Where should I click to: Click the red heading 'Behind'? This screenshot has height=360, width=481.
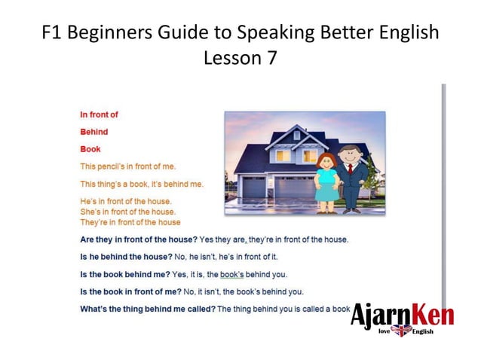click(94, 132)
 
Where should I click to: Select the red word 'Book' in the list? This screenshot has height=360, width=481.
click(90, 149)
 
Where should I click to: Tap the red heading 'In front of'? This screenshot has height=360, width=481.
click(100, 114)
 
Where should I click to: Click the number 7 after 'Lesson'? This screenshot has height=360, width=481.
click(272, 58)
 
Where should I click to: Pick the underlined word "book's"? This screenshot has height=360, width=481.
click(233, 274)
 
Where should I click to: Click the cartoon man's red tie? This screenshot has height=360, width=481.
click(350, 171)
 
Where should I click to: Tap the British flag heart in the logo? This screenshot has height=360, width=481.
click(400, 331)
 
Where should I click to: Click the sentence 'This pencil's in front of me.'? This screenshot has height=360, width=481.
click(128, 166)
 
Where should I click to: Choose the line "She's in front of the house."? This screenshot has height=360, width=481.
click(127, 212)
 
